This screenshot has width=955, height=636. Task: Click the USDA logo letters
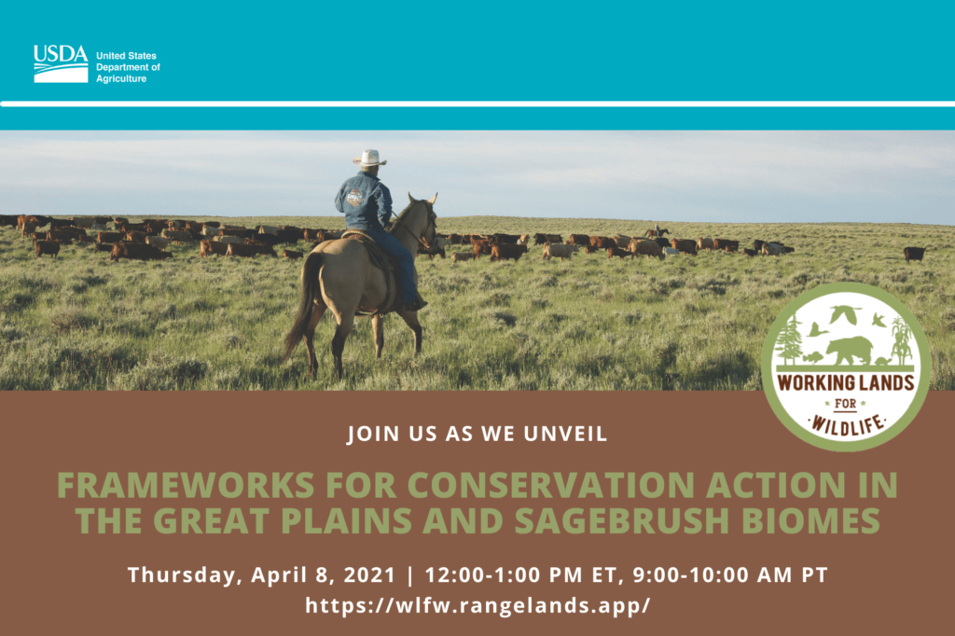61,54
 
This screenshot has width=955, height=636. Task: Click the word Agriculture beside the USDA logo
121,78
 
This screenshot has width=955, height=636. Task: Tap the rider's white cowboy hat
369,158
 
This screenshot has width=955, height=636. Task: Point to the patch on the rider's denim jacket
354,197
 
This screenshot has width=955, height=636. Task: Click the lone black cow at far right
914,254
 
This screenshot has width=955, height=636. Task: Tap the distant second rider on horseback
657,231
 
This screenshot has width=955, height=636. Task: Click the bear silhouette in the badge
849,350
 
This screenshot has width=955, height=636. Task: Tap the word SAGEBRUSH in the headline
621,521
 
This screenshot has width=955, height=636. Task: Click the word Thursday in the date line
182,575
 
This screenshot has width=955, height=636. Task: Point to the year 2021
369,574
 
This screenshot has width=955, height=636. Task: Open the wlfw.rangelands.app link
477,605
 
